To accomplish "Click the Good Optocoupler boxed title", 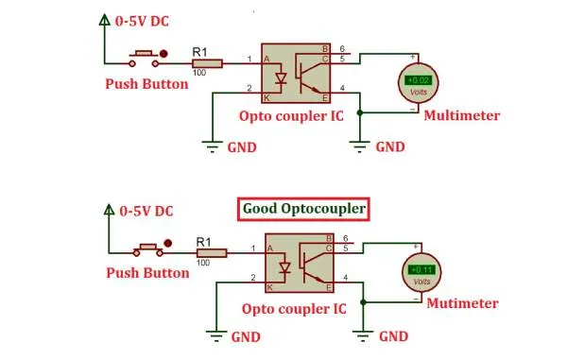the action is tap(303, 209).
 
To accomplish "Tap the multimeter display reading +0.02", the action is tap(418, 80).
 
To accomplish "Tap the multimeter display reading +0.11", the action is tap(421, 269).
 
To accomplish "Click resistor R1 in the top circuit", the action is tap(207, 63).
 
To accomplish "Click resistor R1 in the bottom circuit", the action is tap(212, 253).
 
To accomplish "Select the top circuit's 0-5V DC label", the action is tap(142, 22).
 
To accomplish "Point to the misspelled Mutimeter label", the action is tap(462, 303).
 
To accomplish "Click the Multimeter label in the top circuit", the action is tap(462, 115).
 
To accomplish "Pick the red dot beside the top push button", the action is tap(163, 54).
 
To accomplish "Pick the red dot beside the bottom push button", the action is tap(167, 243).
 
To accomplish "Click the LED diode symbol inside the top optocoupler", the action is tap(281, 78).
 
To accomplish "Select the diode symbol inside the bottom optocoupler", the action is tap(285, 267).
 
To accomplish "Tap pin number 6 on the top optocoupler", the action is tap(342, 49).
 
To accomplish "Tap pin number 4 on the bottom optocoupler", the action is tap(345, 278).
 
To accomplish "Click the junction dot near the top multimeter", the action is tap(360, 112).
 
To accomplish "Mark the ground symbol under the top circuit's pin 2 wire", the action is tap(213, 146).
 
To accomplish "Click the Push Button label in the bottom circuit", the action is tap(147, 273).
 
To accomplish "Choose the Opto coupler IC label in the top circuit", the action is tap(291, 116).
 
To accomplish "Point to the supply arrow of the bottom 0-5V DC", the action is tap(109, 210).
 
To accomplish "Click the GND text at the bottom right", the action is tap(393, 336).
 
